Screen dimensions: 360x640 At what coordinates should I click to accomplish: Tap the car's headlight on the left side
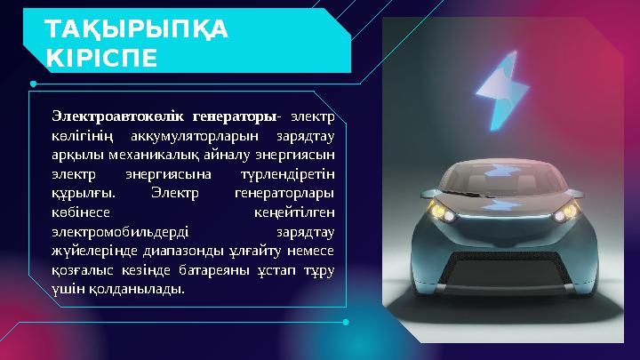[x=439, y=212]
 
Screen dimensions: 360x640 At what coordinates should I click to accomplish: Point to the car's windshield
[x=502, y=174]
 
